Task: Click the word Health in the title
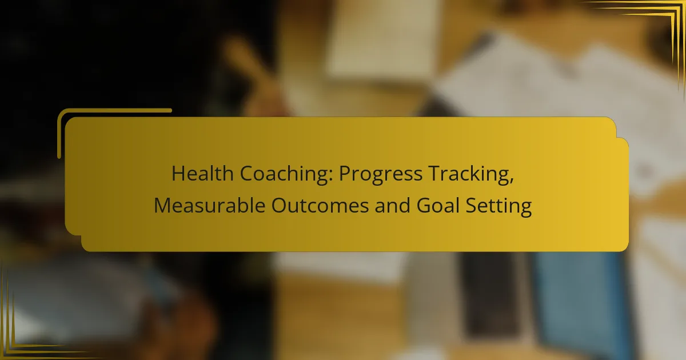coord(202,174)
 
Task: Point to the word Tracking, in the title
coord(470,175)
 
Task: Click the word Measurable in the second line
coord(209,205)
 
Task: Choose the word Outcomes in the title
coord(320,205)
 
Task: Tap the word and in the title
coord(392,205)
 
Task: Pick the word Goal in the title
coord(438,205)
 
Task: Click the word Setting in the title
coord(498,207)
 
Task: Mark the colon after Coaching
coord(331,177)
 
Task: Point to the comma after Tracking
coord(511,181)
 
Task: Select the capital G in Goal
coord(424,205)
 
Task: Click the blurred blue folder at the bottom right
coord(582,303)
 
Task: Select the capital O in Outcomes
coord(279,205)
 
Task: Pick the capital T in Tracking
coord(434,174)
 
